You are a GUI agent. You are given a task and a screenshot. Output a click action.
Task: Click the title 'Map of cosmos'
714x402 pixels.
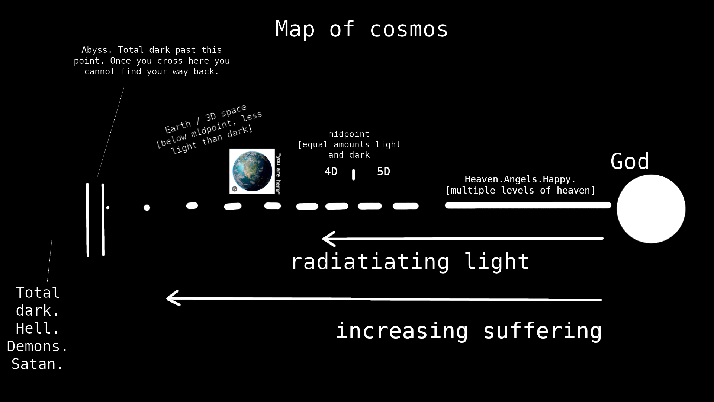tap(361, 29)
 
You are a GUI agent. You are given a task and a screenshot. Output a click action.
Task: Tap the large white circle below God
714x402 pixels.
tap(651, 209)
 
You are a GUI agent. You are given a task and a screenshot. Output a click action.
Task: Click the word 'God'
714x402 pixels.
tap(630, 162)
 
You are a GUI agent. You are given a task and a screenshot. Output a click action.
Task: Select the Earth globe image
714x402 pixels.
tap(252, 171)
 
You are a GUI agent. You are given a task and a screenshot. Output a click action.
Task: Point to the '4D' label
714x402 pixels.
tap(331, 172)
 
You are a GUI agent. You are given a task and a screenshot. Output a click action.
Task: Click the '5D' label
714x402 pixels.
tap(383, 172)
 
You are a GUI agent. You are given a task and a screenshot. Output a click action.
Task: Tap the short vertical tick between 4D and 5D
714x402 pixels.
tap(353, 175)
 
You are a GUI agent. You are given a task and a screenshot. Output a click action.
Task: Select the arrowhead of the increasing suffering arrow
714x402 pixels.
tap(173, 298)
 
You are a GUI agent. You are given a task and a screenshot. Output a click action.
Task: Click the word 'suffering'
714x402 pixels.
tap(542, 331)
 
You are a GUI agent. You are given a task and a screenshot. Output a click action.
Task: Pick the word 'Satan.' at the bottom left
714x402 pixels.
tap(38, 364)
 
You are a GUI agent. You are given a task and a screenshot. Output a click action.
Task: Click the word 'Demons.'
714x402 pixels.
tap(38, 346)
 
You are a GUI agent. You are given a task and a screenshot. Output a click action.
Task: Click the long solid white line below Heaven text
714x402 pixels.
tap(528, 205)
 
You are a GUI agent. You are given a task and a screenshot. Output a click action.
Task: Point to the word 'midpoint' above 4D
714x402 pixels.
tap(349, 134)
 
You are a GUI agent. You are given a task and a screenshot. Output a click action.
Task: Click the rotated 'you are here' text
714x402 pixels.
tap(278, 173)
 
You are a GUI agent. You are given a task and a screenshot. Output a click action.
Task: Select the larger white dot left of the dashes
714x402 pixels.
tap(147, 208)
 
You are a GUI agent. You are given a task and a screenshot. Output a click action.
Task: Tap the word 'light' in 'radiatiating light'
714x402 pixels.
tap(497, 261)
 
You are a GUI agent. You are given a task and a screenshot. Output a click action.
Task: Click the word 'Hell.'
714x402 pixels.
tap(38, 328)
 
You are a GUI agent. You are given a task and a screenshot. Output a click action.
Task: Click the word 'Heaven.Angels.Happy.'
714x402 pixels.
tap(520, 179)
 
